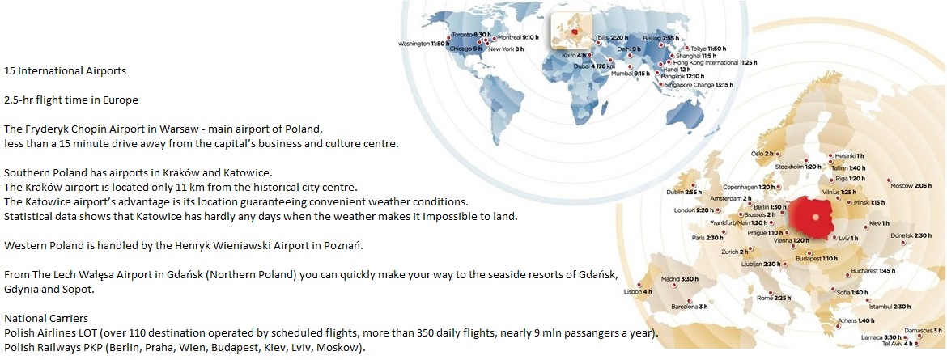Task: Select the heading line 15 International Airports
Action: coord(66,70)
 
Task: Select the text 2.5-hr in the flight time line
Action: coord(17,100)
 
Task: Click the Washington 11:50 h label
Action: coord(421,44)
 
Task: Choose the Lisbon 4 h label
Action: coord(639,292)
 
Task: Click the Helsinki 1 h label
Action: coord(851,156)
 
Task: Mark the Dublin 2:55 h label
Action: coord(684,192)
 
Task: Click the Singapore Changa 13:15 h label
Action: coord(699,85)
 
